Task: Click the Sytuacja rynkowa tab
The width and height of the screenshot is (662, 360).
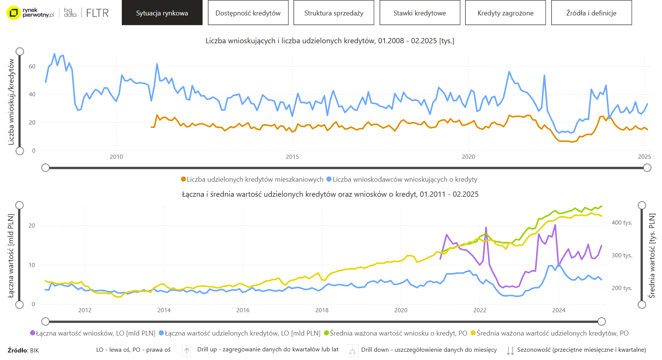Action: (162, 13)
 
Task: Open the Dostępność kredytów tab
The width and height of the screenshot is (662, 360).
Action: (248, 13)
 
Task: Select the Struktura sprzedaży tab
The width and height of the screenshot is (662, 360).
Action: (334, 13)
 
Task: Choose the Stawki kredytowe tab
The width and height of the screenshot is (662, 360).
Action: (420, 13)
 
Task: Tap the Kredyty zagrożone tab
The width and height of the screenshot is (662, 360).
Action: (505, 13)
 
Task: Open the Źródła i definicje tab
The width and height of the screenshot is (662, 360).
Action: (591, 13)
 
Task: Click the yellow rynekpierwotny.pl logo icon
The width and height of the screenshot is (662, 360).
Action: (14, 13)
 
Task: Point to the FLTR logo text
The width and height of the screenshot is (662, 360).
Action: (97, 13)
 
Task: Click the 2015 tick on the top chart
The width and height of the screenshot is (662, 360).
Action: (292, 157)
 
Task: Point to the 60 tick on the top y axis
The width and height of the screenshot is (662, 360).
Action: (32, 67)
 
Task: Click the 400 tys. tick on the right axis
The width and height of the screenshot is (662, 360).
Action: (622, 223)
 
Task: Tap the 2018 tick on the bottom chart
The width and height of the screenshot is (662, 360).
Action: (322, 310)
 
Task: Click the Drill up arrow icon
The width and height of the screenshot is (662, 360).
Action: (187, 351)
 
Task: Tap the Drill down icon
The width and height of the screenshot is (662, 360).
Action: (352, 351)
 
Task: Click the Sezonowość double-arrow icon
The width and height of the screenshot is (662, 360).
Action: (510, 351)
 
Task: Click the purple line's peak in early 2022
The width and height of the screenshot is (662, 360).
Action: (486, 227)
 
